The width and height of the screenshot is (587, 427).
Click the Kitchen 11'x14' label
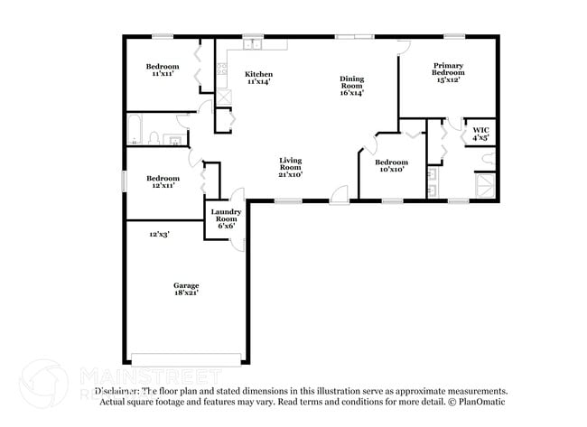258,79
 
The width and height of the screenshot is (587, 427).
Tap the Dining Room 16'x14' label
351,85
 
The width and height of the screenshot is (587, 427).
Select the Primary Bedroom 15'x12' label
448,71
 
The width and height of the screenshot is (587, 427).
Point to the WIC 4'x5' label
480,135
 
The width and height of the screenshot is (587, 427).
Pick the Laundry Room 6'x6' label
224,218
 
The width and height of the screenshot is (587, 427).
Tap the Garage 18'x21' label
186,289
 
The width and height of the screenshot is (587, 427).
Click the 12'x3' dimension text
160,234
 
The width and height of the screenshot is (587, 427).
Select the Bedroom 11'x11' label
163,70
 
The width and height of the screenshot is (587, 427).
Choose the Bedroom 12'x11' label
163,181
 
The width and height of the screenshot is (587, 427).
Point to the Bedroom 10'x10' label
391,165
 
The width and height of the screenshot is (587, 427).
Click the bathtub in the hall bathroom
135,129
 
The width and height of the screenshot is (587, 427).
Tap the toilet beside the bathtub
154,138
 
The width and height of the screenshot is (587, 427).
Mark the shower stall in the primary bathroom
484,187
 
